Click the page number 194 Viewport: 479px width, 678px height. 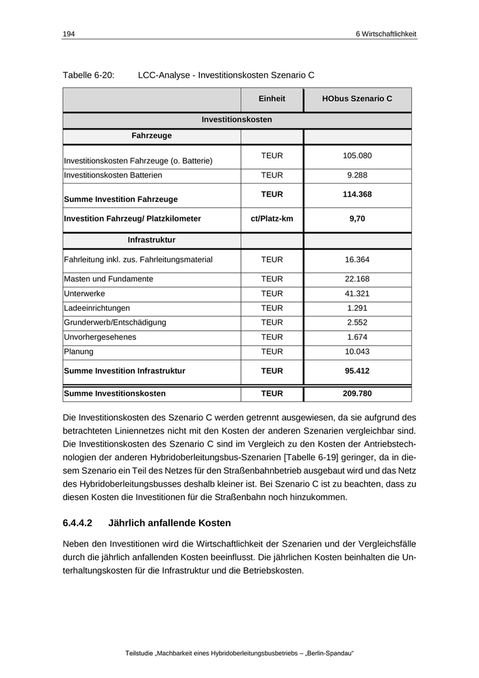[x=68, y=34]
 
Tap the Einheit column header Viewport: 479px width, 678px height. [x=272, y=99]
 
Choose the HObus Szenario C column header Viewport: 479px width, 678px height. [x=357, y=99]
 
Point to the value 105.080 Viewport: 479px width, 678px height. [x=357, y=156]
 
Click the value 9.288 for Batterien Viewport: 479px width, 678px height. [x=357, y=175]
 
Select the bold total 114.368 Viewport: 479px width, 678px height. [x=357, y=194]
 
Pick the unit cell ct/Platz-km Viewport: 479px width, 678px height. [x=272, y=219]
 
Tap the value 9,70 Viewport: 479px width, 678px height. [x=357, y=219]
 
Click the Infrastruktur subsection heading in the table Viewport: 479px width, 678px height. [x=151, y=240]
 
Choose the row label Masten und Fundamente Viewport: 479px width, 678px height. [x=108, y=279]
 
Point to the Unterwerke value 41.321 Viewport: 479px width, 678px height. [x=357, y=294]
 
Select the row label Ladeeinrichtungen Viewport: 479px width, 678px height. [x=96, y=308]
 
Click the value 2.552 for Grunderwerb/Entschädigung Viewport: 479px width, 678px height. [x=357, y=323]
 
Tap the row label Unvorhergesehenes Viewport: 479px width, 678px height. [x=100, y=337]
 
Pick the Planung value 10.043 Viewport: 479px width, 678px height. [x=357, y=351]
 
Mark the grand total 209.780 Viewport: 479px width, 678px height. [x=357, y=394]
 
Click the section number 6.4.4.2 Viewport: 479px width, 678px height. [x=77, y=523]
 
